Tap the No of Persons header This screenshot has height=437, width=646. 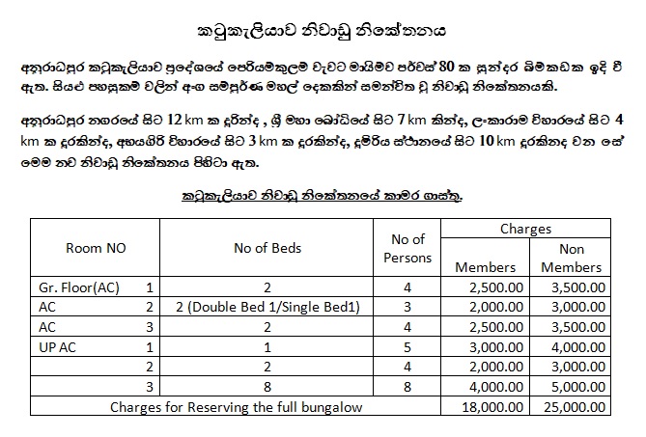pos(407,248)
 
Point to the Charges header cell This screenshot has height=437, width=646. pos(525,231)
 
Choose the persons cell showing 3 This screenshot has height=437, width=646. pos(407,306)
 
